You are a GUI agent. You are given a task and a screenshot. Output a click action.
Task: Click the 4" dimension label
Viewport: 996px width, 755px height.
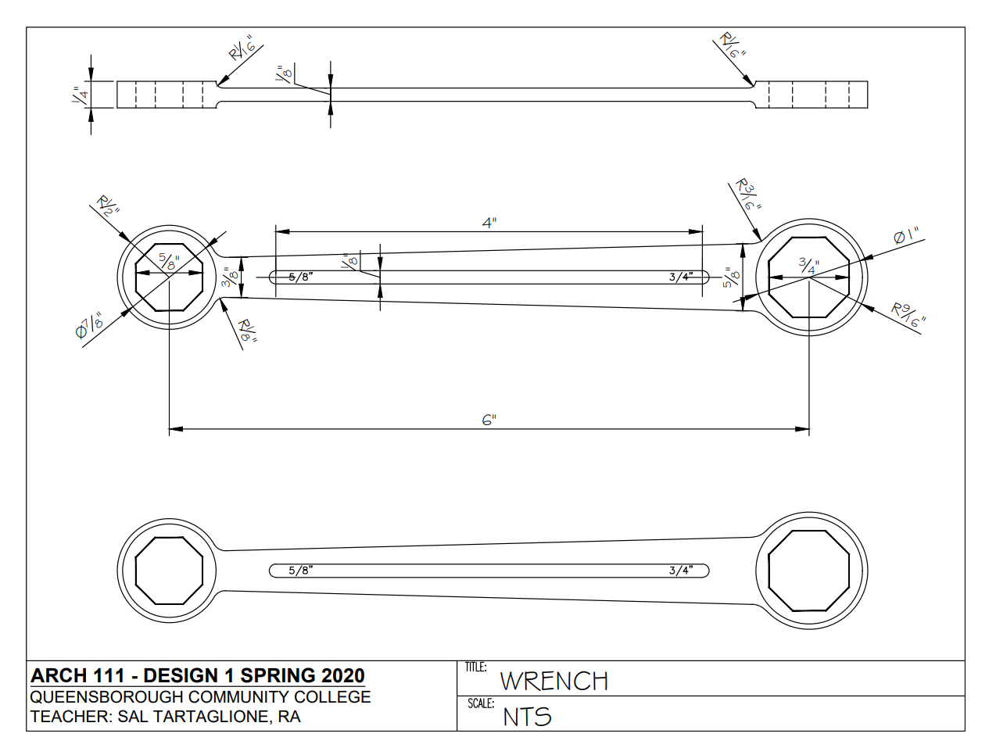click(x=489, y=223)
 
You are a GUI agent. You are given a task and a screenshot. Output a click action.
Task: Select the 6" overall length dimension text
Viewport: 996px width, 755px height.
click(x=489, y=420)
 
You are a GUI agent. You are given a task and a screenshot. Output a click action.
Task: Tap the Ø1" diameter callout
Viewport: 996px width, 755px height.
click(x=906, y=236)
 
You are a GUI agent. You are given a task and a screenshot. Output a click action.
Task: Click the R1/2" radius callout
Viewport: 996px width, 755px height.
click(x=108, y=207)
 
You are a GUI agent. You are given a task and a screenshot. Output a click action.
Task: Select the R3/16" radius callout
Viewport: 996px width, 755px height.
click(x=747, y=195)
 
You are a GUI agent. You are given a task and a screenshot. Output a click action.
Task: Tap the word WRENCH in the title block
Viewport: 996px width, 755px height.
click(x=554, y=682)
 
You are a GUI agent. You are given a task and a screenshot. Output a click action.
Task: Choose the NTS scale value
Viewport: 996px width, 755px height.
click(x=527, y=717)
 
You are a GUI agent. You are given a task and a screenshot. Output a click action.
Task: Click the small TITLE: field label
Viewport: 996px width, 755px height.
click(x=475, y=667)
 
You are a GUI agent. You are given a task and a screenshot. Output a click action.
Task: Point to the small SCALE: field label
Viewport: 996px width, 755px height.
click(x=481, y=703)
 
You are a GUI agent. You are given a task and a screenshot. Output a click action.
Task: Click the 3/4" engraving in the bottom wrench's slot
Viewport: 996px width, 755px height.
click(x=680, y=571)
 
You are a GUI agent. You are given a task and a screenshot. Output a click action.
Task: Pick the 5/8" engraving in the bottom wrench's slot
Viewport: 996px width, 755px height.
click(x=300, y=571)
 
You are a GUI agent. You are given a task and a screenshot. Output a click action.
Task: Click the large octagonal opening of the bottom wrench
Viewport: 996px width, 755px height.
click(x=808, y=571)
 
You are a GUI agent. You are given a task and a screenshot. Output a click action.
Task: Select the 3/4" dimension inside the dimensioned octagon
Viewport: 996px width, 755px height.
click(x=808, y=266)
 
